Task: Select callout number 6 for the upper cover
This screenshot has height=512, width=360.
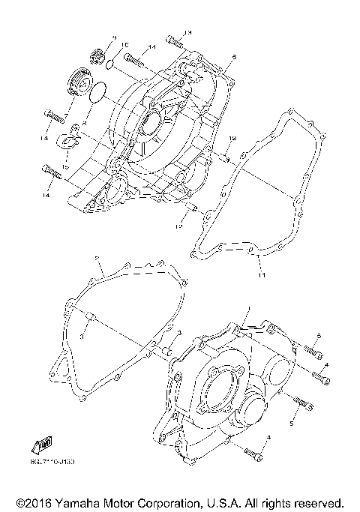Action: tap(234, 56)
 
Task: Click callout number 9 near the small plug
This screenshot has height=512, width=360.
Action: tap(115, 37)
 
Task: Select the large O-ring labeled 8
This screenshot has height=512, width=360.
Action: tap(97, 94)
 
